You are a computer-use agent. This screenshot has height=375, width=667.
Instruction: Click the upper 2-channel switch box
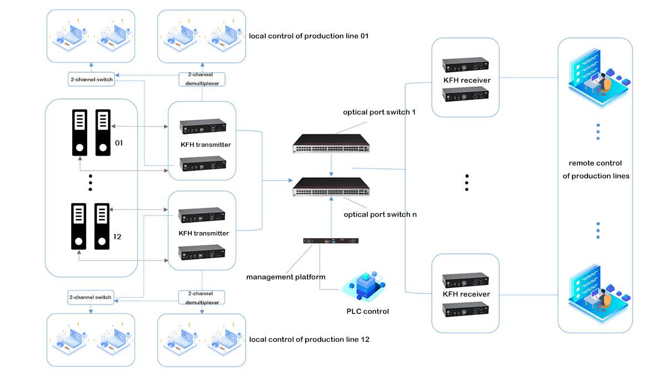91,79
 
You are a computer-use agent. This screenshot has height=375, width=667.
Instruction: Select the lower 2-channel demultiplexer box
202,297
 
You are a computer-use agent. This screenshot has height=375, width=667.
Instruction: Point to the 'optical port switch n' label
380,214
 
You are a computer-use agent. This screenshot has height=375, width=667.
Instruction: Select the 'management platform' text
286,277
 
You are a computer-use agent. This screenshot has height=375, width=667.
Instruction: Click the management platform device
331,241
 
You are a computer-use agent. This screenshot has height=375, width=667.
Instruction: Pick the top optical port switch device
331,143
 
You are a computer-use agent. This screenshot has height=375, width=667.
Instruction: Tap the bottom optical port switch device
331,186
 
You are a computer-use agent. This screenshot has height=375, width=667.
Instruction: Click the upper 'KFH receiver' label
466,80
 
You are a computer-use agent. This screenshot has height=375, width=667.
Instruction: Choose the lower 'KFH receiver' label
466,294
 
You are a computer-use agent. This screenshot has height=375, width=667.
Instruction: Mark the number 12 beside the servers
117,237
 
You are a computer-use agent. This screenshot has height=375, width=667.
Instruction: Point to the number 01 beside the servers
118,143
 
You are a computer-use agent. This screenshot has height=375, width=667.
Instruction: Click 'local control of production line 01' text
309,36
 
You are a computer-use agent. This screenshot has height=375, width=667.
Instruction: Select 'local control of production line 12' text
309,339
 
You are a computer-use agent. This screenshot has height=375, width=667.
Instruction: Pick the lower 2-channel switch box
90,297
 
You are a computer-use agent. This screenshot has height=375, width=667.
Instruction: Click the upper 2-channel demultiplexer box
202,79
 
